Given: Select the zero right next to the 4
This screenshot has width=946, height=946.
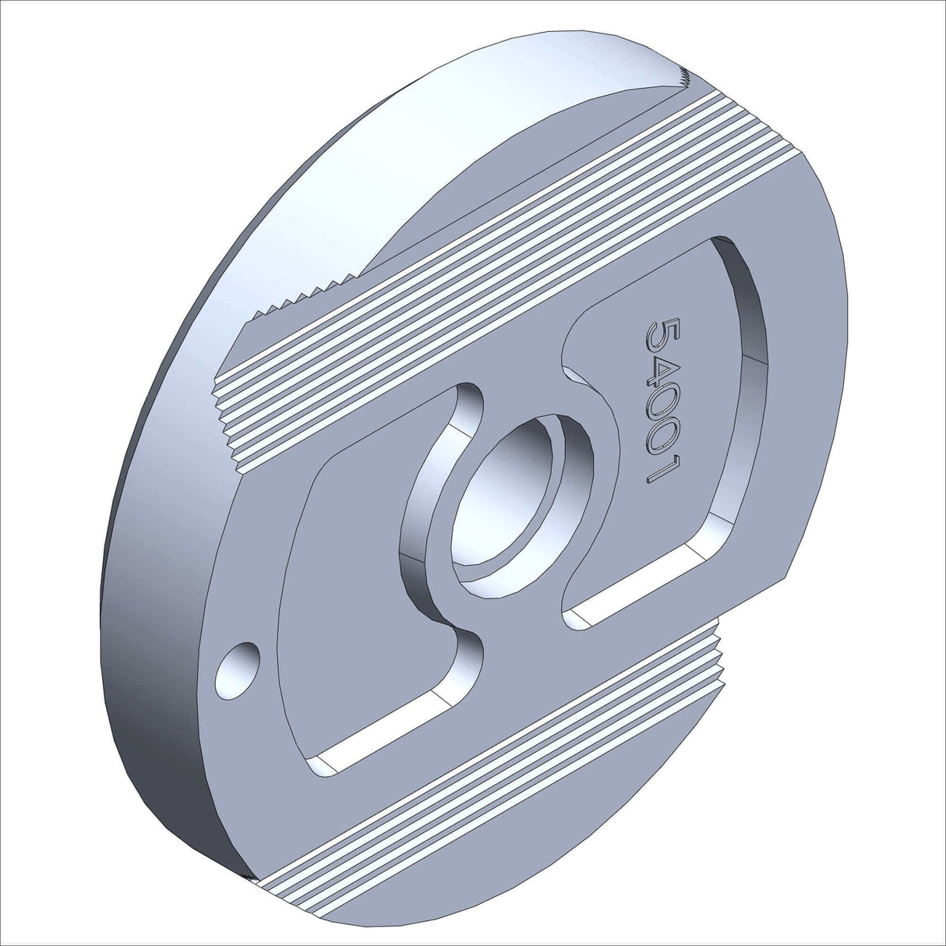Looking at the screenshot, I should [x=659, y=412].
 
